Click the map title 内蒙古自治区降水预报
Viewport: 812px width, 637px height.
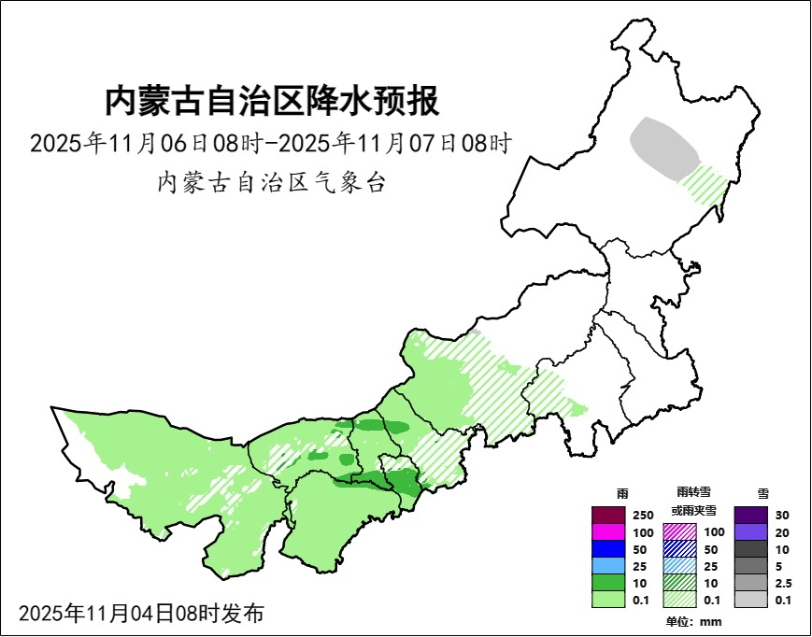(271, 101)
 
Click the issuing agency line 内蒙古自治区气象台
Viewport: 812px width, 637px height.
(271, 182)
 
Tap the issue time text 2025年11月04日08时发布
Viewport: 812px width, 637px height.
(141, 614)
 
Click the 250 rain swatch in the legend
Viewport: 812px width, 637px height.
(609, 515)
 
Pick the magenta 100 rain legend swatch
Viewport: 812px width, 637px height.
(609, 531)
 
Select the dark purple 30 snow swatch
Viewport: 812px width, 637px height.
(750, 515)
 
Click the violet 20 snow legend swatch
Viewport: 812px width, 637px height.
(750, 531)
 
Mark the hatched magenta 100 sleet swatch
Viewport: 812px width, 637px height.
(679, 531)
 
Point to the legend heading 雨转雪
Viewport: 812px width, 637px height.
(692, 491)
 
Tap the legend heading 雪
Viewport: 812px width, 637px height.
(762, 492)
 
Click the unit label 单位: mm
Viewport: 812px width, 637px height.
(693, 622)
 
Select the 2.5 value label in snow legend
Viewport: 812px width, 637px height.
(784, 583)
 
